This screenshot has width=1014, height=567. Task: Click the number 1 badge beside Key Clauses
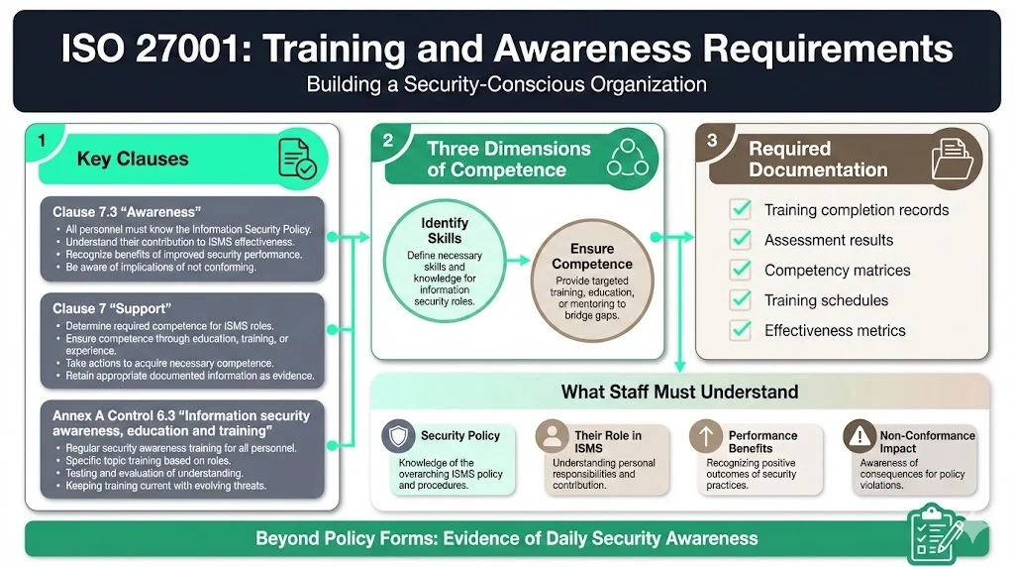point(41,141)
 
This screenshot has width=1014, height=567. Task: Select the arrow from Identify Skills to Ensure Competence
point(515,262)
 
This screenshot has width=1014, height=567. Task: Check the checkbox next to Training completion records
point(739,210)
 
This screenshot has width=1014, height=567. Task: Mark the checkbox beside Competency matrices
point(739,270)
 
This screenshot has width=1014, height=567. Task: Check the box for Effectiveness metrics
point(739,330)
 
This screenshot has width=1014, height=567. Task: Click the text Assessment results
point(828,240)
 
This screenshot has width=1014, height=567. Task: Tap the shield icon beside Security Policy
point(399,437)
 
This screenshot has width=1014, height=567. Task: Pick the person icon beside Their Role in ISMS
point(552,437)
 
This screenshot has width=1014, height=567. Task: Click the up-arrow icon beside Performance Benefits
point(706,437)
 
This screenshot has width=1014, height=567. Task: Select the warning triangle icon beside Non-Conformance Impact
point(859,437)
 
